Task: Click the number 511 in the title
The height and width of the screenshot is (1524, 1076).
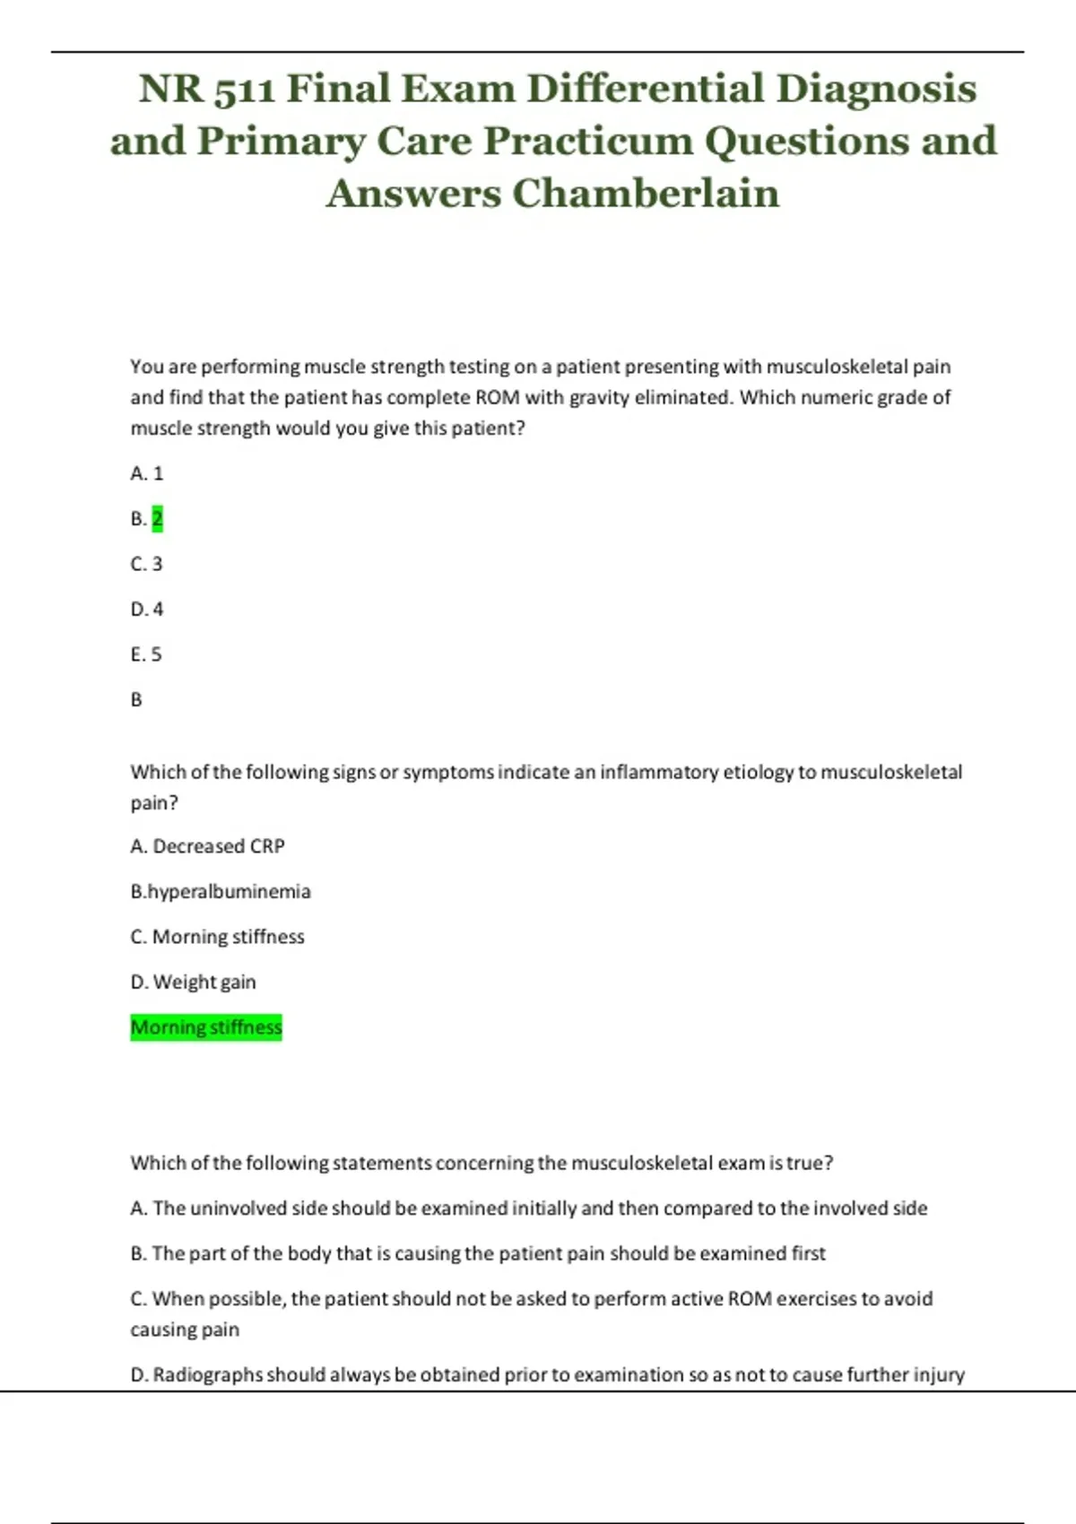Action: [x=245, y=89]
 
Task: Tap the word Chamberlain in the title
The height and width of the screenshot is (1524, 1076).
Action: [x=646, y=193]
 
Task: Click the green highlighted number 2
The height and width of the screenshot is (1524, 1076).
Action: [x=158, y=518]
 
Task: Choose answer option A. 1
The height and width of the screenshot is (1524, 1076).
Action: [x=147, y=473]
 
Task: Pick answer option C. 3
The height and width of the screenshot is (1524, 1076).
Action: [x=147, y=564]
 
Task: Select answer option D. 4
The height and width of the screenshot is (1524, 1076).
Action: [x=147, y=610]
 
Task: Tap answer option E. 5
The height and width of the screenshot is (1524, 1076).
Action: [x=146, y=654]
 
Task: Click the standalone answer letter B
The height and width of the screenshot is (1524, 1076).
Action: [x=136, y=699]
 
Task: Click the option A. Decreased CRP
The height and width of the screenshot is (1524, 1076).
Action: [x=207, y=846]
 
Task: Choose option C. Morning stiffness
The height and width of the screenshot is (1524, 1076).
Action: [x=217, y=937]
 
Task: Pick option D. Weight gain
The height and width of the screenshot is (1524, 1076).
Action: [x=193, y=982]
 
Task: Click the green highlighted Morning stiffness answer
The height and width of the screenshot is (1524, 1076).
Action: [x=206, y=1026]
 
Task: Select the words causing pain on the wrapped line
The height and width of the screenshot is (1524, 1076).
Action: [x=185, y=1329]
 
